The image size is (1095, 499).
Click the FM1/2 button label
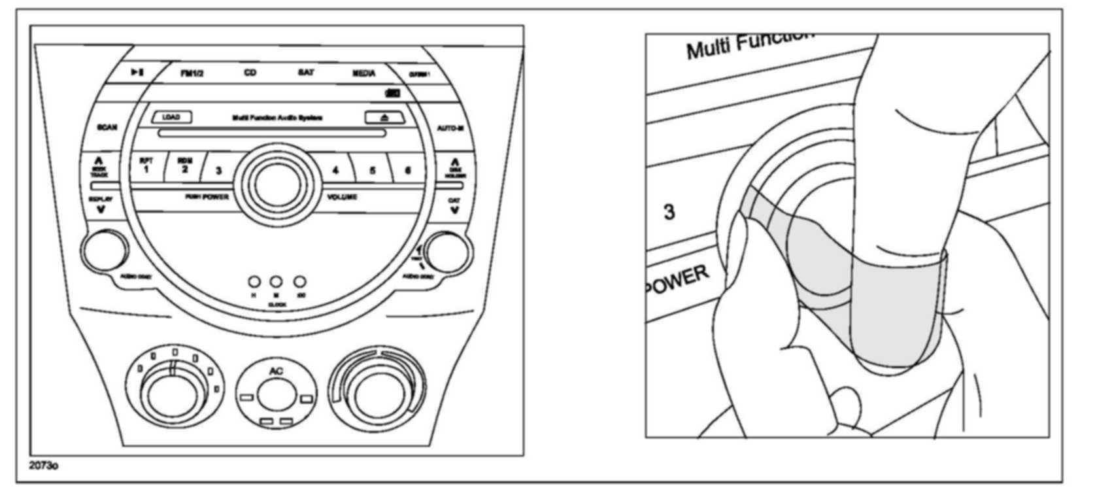[192, 73]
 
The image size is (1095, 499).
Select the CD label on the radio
[250, 73]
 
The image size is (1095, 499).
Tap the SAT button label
[305, 73]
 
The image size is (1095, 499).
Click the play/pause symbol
[137, 72]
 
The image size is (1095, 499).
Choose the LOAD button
[172, 117]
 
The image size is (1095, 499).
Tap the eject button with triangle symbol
[384, 118]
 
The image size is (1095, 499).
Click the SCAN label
[107, 127]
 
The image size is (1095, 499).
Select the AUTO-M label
[450, 128]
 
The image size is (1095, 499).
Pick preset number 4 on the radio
[335, 171]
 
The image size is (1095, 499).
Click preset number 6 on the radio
[408, 171]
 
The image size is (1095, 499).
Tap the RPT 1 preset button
[146, 165]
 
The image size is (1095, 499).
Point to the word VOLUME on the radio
[343, 197]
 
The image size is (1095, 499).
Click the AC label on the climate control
[276, 371]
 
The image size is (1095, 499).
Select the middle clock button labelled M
[276, 283]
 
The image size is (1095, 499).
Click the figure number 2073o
[44, 466]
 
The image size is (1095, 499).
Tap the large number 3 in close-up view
[669, 213]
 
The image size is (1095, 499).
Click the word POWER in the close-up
[677, 280]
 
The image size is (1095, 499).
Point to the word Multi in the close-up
[708, 48]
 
